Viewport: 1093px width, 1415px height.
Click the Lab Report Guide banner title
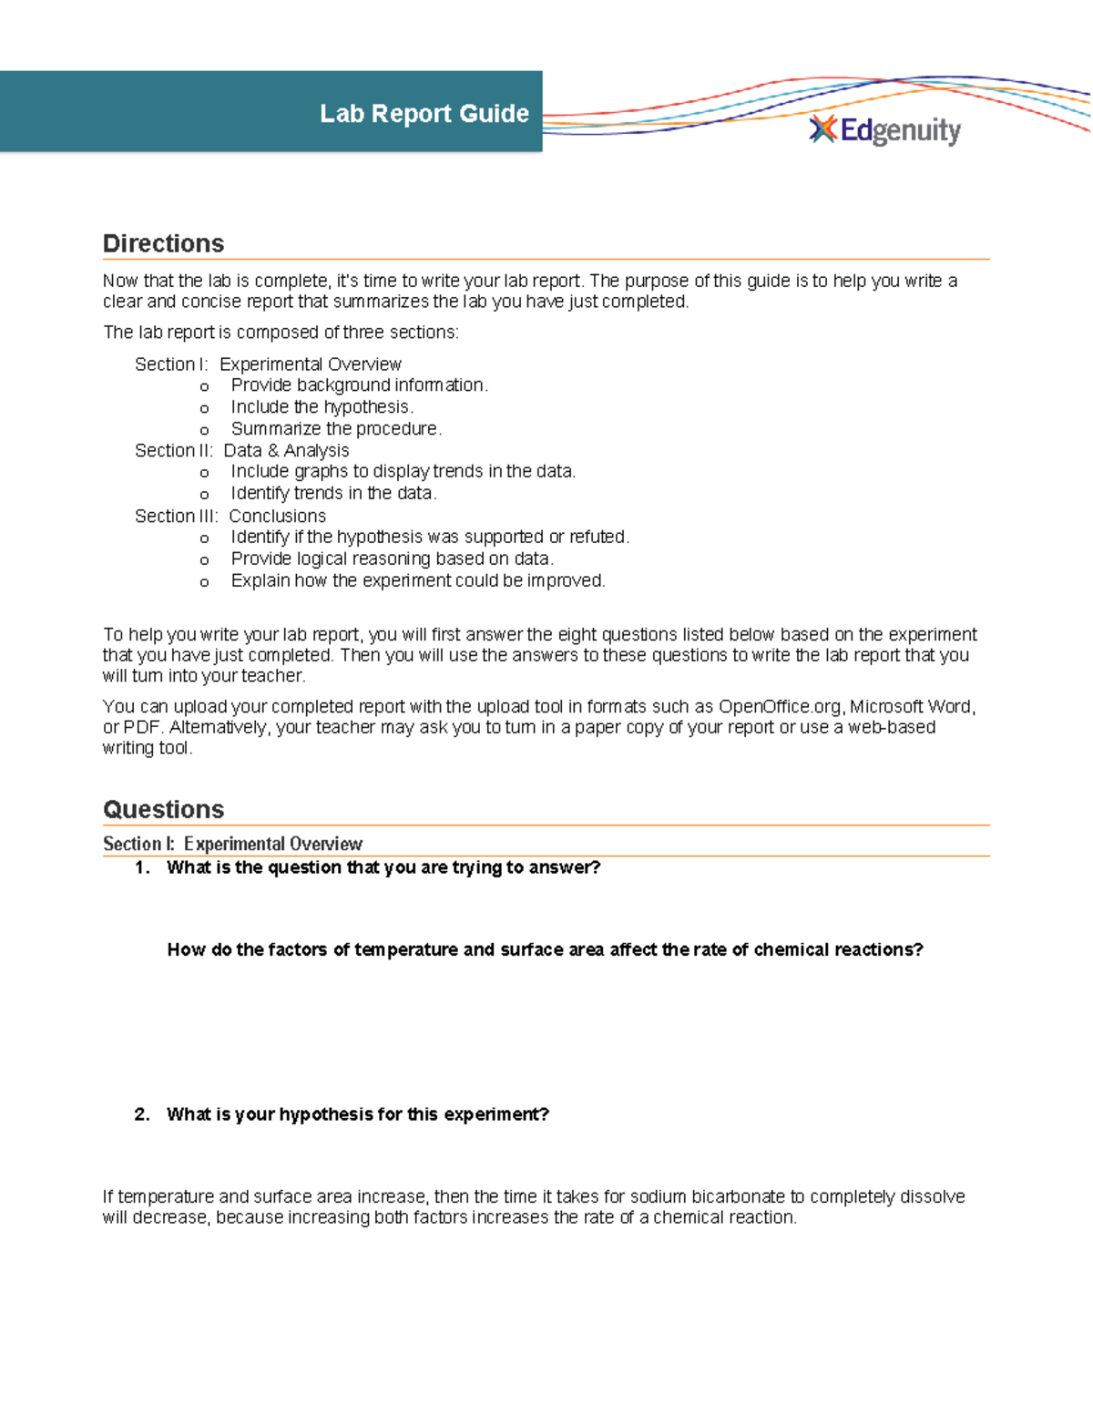coord(424,113)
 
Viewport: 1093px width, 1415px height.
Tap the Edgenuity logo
coord(885,130)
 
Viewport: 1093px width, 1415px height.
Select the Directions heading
coord(163,243)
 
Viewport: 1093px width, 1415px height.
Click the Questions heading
coord(163,809)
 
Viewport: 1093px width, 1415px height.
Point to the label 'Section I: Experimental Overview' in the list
coord(268,364)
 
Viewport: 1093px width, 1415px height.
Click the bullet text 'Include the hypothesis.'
coord(322,407)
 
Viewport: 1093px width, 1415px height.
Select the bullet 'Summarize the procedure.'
coord(336,429)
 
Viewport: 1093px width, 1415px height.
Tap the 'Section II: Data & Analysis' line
coord(241,451)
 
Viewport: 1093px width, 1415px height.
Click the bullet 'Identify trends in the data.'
coord(333,494)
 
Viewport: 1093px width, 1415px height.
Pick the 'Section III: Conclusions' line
coord(230,517)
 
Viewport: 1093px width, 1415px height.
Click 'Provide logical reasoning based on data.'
coord(392,559)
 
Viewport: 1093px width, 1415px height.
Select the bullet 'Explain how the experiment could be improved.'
coord(418,581)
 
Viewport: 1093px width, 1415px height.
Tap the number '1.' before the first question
coord(142,868)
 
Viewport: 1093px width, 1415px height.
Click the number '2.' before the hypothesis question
coord(142,1115)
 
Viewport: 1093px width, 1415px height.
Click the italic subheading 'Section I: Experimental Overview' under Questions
coord(232,845)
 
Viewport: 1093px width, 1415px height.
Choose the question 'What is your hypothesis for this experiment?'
coord(358,1115)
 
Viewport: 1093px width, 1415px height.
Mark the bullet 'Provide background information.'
coord(359,385)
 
